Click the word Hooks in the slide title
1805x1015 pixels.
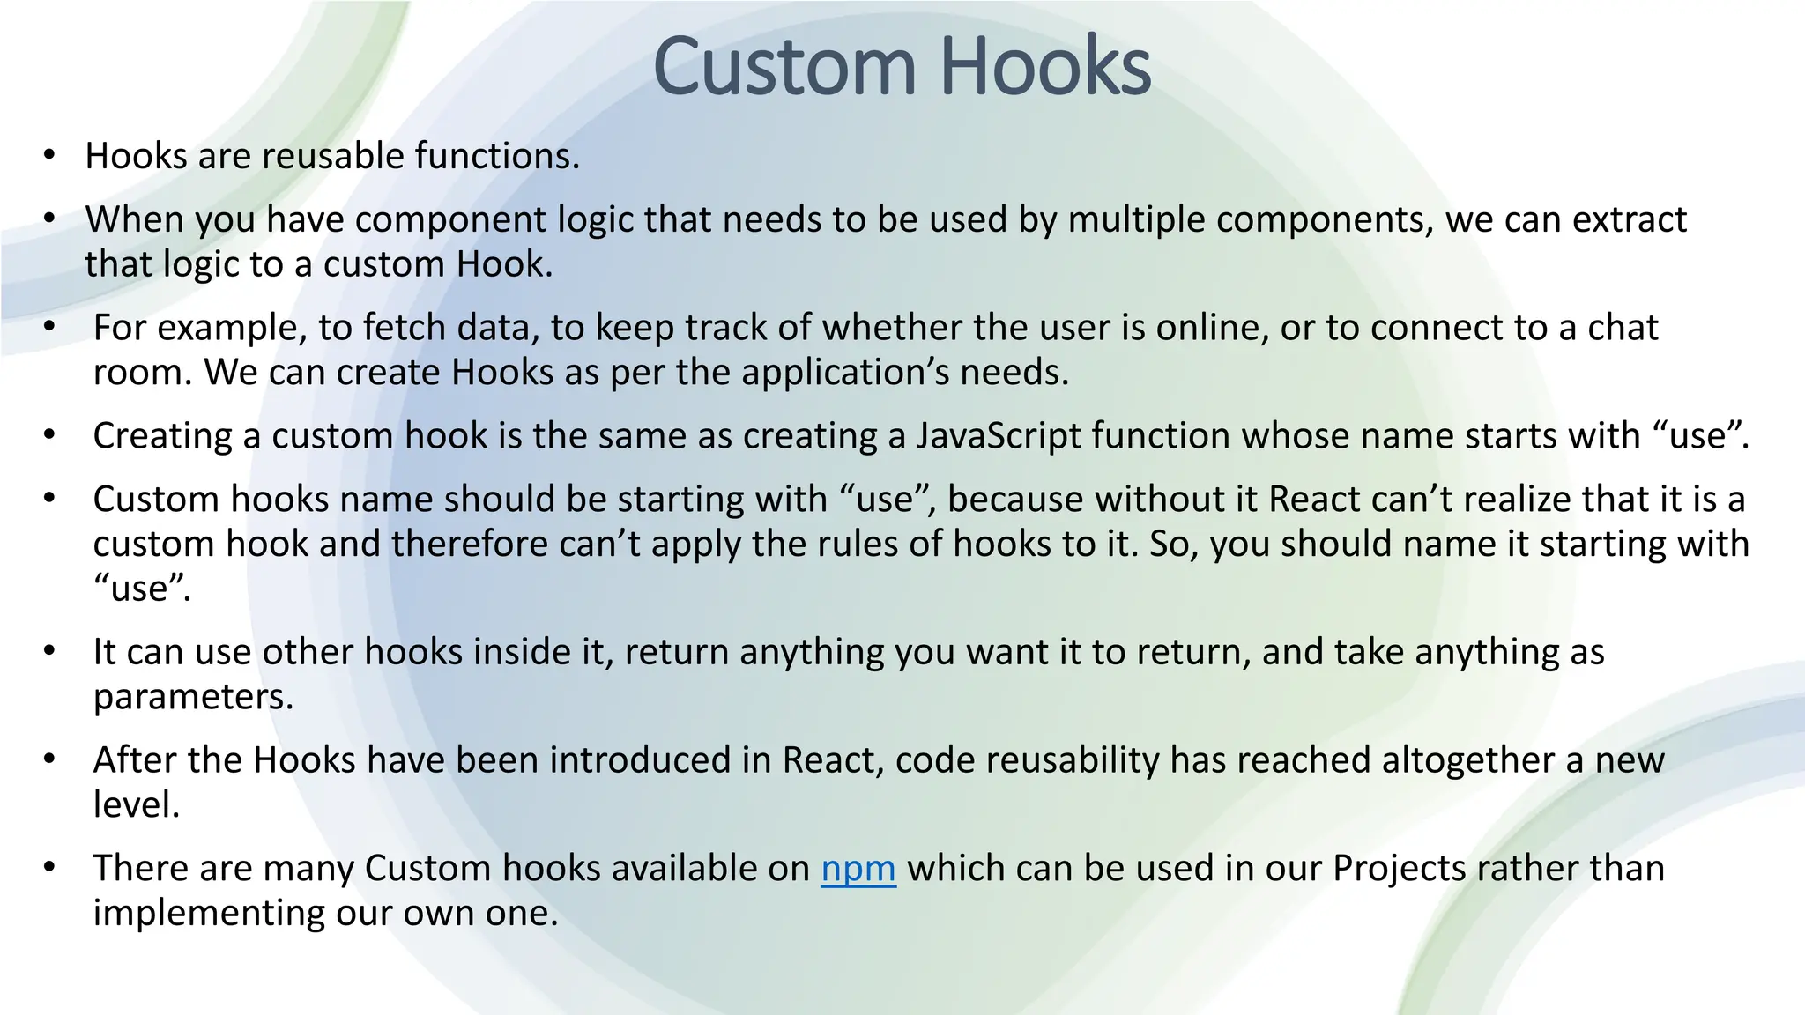1045,67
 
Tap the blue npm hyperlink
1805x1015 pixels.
858,869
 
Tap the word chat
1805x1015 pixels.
1623,328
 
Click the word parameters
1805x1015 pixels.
193,698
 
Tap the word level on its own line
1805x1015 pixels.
136,805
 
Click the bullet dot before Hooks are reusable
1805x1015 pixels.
49,157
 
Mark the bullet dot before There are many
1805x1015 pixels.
49,868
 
